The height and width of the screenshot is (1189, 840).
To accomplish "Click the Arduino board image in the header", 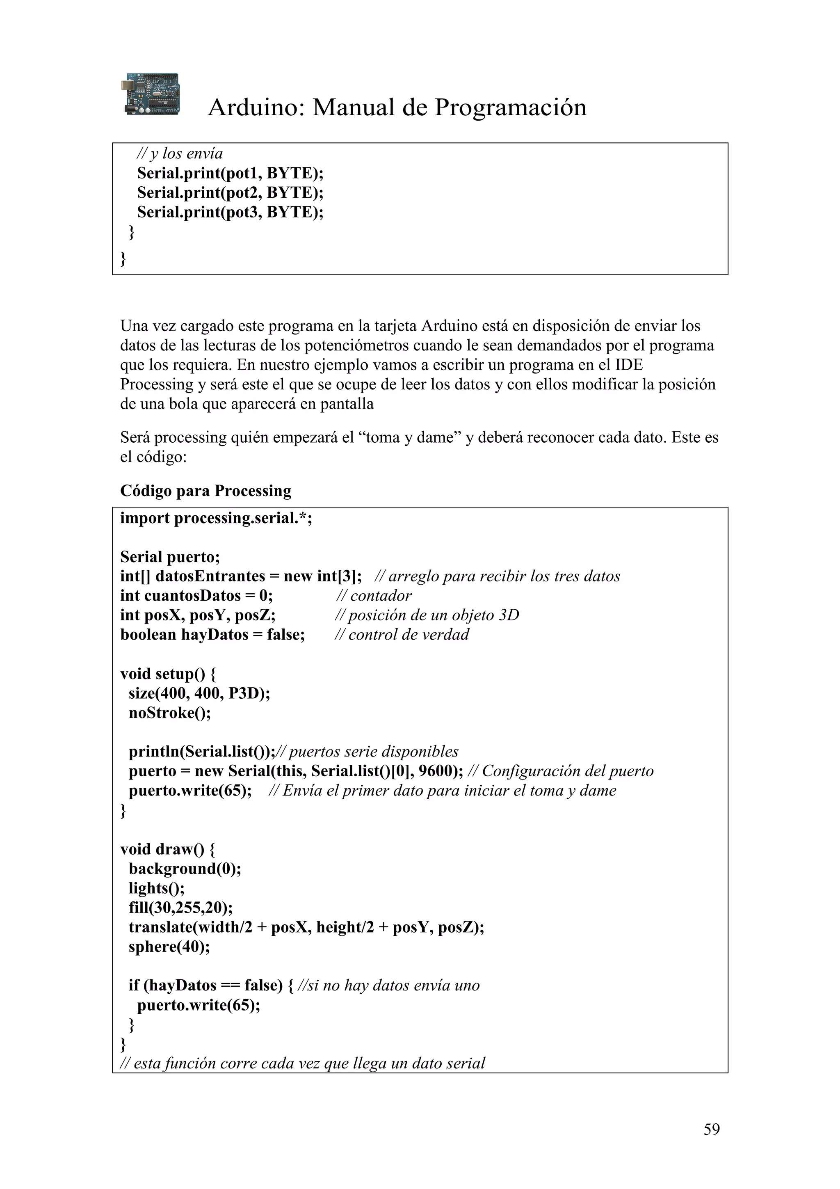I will click(x=151, y=94).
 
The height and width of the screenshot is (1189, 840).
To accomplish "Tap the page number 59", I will click(x=711, y=1129).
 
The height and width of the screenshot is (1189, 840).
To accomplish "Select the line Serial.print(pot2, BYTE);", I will click(x=230, y=193).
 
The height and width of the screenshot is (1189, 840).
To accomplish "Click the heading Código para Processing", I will click(x=205, y=490).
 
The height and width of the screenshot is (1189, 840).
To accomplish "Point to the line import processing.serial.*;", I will click(x=216, y=518).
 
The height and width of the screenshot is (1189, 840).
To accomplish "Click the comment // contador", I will click(x=374, y=596).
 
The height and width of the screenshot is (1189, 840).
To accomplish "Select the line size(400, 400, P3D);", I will click(x=199, y=693).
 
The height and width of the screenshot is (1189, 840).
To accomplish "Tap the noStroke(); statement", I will click(x=170, y=713).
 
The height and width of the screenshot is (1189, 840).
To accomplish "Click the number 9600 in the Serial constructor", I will click(x=437, y=771).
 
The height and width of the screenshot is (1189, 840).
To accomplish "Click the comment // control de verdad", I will click(x=402, y=634).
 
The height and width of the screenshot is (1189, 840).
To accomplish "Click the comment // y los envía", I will click(x=180, y=154).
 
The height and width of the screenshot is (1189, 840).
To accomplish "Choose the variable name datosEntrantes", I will click(x=210, y=576).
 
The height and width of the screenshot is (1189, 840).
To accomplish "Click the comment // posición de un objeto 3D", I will click(x=427, y=615).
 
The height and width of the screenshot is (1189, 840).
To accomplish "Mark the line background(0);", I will click(x=185, y=869).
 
